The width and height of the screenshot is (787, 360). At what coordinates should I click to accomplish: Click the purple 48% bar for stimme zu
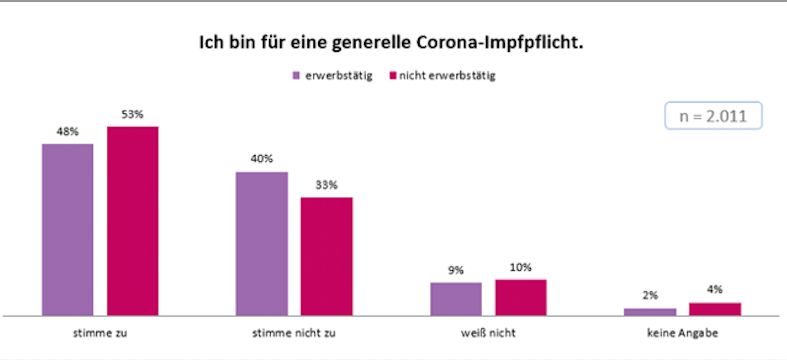[68, 230]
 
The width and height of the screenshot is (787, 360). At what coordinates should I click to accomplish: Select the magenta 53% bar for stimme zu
[132, 221]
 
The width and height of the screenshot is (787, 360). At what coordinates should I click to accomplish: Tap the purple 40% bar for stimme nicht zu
[262, 244]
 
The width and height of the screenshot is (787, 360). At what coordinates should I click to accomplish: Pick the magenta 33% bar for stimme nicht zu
[326, 256]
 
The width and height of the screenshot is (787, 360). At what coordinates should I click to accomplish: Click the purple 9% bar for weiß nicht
[456, 299]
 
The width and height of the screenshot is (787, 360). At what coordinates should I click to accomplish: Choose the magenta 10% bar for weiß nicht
[521, 297]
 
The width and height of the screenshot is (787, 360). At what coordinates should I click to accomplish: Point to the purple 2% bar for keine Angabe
[650, 312]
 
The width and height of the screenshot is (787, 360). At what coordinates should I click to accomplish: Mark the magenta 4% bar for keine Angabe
[715, 309]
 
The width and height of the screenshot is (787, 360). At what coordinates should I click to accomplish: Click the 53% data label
[132, 114]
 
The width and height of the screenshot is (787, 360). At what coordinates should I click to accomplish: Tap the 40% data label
[262, 159]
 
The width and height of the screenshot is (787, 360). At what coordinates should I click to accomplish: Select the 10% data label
[521, 267]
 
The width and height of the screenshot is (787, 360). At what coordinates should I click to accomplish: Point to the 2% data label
[650, 295]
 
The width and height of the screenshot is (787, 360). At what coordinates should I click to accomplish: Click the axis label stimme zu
[100, 333]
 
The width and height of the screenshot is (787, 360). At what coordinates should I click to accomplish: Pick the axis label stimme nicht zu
[294, 333]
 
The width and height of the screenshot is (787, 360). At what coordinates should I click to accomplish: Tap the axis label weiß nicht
[488, 333]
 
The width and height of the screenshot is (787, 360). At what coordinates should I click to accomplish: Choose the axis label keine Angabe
[683, 333]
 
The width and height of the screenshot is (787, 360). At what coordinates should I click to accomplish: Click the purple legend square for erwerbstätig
[296, 76]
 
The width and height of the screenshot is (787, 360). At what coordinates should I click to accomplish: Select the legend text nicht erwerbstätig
[447, 76]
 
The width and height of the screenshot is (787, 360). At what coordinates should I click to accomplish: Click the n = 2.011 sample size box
[713, 116]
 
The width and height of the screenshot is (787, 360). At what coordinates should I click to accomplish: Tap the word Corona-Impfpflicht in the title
[499, 42]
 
